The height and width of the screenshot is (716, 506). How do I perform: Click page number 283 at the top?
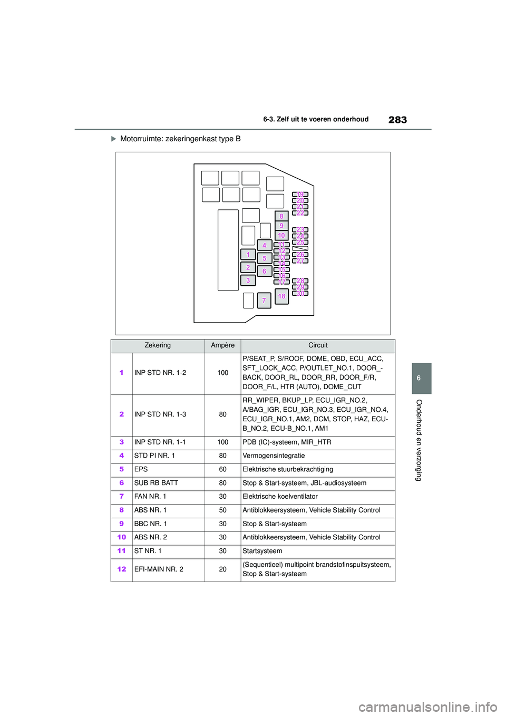(397, 120)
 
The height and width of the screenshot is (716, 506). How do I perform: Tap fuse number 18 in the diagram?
(281, 296)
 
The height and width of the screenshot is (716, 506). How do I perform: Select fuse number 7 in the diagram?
(264, 301)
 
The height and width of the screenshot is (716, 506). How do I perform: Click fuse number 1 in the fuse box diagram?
(248, 255)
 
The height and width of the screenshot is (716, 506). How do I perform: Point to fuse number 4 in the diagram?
(265, 245)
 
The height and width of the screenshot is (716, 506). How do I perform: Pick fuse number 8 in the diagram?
(281, 216)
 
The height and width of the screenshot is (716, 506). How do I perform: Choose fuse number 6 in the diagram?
(265, 271)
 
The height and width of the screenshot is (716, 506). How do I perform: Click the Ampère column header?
(222, 345)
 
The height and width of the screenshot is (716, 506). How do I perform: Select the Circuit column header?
(318, 345)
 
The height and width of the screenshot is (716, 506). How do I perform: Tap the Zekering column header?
(158, 345)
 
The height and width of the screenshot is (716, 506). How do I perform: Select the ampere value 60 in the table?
(222, 469)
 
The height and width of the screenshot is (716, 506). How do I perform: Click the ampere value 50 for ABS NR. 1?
(222, 510)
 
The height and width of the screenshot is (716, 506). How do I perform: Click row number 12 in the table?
(122, 569)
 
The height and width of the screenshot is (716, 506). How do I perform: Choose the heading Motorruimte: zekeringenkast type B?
(180, 139)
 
